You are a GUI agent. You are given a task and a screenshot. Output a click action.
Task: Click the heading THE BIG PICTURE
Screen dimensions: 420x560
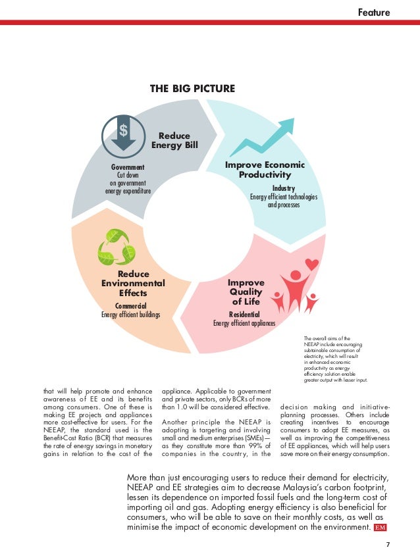click(193, 88)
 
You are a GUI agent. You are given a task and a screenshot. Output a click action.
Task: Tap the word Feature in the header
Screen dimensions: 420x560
click(374, 12)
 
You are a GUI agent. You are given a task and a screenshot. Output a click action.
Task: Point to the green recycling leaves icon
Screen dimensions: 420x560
click(116, 247)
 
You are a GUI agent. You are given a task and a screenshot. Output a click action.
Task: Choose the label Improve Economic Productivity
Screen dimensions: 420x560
click(265, 170)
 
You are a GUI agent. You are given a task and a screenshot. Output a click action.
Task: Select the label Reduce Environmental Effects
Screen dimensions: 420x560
click(133, 284)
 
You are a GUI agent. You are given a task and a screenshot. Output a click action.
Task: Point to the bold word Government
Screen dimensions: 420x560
click(128, 168)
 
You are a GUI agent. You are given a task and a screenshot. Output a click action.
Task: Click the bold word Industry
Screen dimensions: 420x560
click(284, 189)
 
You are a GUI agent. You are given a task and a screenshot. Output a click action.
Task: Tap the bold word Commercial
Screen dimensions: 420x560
click(130, 306)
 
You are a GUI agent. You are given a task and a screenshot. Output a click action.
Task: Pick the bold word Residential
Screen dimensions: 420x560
click(244, 315)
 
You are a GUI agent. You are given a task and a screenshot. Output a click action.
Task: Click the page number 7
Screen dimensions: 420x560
click(388, 544)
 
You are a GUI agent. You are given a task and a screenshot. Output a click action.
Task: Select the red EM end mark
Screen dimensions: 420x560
click(380, 528)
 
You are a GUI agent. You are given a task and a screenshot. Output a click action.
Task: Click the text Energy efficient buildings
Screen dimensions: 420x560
click(130, 315)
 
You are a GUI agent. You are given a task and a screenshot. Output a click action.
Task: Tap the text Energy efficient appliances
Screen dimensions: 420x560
click(244, 323)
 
